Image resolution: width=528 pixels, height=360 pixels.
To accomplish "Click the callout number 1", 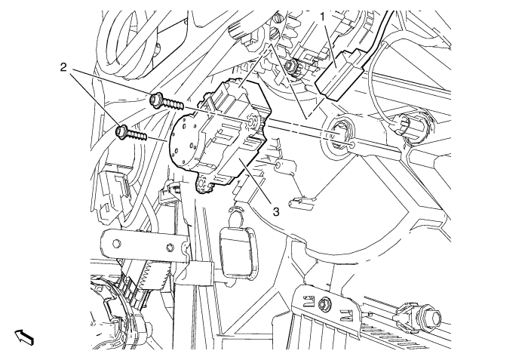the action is [323, 17].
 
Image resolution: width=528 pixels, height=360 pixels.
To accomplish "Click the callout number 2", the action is [63, 67].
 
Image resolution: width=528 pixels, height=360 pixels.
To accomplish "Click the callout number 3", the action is [276, 212].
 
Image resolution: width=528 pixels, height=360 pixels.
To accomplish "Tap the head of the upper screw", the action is [155, 101].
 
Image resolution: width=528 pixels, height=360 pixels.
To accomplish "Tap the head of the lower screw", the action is [121, 131].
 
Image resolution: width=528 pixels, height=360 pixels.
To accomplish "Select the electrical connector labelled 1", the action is [339, 75].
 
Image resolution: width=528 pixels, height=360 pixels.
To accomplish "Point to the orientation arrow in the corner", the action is [24, 337].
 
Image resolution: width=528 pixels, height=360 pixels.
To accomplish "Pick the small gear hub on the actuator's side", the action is [252, 123].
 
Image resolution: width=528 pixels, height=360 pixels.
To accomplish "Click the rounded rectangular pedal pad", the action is [239, 253].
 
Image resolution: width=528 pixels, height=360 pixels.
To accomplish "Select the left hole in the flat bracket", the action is [117, 244].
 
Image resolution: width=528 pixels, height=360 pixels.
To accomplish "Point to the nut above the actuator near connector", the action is [290, 66].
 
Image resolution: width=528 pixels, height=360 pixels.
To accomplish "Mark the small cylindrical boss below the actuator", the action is [285, 167].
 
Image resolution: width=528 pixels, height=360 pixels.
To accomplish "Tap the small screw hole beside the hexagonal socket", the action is [352, 145].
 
